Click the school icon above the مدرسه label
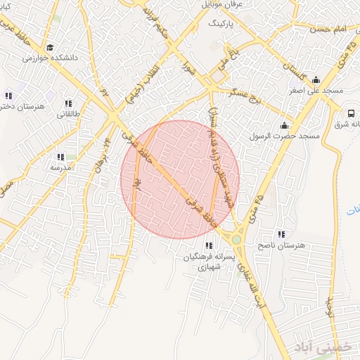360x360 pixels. point(60,157)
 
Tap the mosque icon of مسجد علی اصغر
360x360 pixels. point(316,79)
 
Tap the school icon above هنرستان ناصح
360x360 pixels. point(281,233)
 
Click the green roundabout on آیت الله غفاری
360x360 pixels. point(236,240)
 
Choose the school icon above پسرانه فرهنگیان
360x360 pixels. point(208,245)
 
